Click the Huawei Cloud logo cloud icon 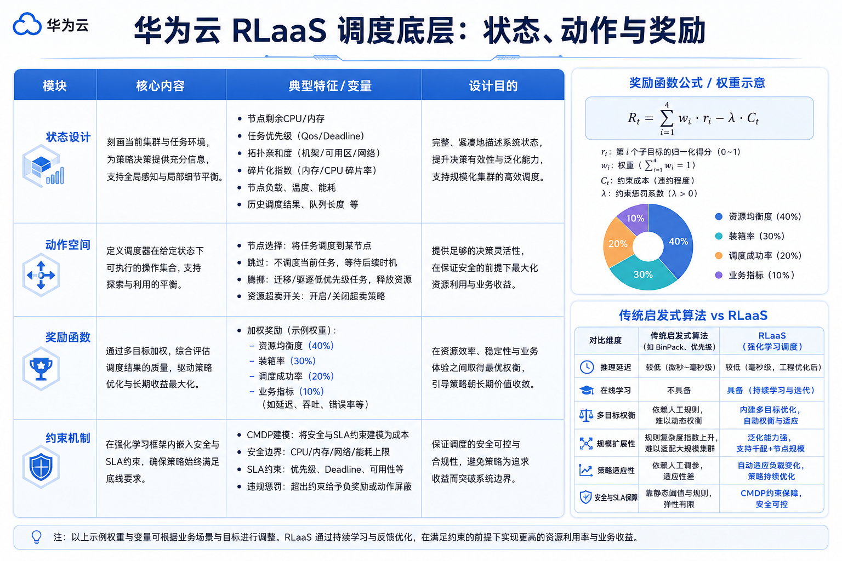click(x=27, y=24)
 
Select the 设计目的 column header click(x=493, y=86)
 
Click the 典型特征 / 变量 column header click(x=330, y=86)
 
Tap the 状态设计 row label click(x=68, y=137)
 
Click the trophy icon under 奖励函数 click(x=41, y=369)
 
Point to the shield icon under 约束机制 click(x=41, y=467)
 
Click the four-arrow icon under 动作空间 click(x=41, y=276)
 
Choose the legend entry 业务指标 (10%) click(x=755, y=275)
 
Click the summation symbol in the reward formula click(x=667, y=119)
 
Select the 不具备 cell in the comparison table click(x=679, y=391)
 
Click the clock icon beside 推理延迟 click(x=587, y=367)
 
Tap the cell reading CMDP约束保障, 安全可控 click(x=771, y=499)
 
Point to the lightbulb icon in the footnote click(x=37, y=537)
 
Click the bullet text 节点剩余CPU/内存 click(x=286, y=119)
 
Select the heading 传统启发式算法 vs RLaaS click(x=693, y=315)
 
